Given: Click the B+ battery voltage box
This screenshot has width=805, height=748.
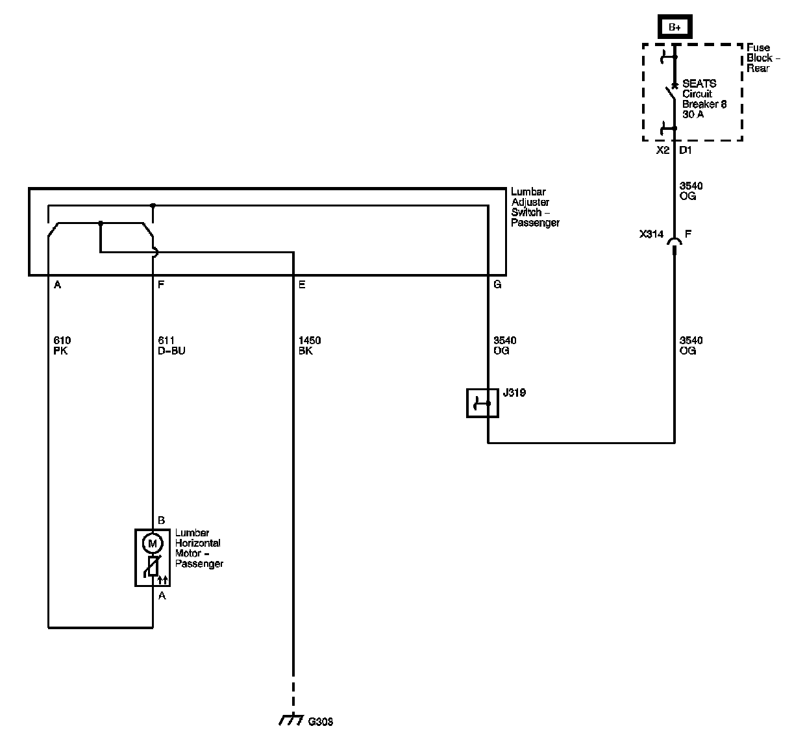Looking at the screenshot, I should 675,27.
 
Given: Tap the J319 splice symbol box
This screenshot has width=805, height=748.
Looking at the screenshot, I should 482,403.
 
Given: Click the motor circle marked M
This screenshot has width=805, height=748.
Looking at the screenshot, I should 153,542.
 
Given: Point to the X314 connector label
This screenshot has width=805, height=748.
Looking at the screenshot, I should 650,234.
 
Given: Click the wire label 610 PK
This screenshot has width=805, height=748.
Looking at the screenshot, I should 62,345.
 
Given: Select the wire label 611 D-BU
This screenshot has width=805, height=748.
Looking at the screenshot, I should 171,345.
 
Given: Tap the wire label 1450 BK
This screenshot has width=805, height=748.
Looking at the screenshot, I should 309,345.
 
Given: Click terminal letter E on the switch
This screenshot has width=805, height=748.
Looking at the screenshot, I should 301,284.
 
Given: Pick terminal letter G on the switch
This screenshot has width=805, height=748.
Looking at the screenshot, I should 497,284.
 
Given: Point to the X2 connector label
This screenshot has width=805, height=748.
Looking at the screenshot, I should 662,150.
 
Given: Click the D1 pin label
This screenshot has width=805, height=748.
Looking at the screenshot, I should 686,150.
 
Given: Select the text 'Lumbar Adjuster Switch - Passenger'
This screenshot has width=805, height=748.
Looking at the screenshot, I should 535,207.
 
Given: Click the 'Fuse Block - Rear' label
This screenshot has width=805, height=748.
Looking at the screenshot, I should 763,58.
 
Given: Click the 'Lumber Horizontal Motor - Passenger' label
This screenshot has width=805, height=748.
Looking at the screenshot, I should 199,549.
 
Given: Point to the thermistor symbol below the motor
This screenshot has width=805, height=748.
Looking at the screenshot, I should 154,567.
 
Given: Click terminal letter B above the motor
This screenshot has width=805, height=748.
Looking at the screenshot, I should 162,520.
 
